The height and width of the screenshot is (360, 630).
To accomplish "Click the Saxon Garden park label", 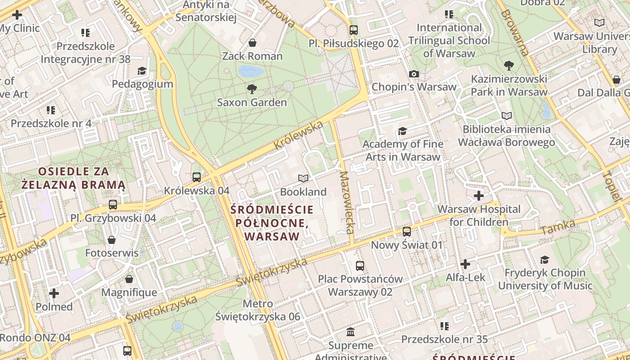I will coord(252,103).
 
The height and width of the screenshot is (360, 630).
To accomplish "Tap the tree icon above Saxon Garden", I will coord(252,89).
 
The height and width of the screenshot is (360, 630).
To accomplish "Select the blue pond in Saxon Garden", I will coord(251,71).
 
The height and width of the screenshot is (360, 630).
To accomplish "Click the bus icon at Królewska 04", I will coord(197,177).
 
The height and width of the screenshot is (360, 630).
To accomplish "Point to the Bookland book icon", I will coord(303,179).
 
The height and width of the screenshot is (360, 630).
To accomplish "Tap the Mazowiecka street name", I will coord(346,202).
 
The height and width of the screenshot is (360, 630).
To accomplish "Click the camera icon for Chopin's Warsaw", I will coord(414,74).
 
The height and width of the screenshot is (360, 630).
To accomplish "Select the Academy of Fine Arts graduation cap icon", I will coord(402,131).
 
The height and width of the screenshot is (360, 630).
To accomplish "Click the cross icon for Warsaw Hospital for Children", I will coord(479,196).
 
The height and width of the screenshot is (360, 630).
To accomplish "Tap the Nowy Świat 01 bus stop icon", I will coord(407,232).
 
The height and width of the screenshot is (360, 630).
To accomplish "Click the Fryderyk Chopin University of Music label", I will coord(545,279).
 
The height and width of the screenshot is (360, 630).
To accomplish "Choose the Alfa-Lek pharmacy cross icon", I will coord(465,264).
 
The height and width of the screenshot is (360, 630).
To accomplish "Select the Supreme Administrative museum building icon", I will coord(351,332).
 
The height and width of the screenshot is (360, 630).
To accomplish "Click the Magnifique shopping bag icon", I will coord(129,279).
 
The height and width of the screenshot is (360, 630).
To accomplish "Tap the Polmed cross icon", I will coord(54,294).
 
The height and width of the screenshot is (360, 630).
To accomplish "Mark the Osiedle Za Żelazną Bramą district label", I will coord(74,178).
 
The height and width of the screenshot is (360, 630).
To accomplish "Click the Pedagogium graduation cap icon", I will coord(142,71).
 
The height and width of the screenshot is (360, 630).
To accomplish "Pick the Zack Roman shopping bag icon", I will coord(252,43).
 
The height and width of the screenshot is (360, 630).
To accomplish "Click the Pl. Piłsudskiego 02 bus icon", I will coord(354,30).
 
